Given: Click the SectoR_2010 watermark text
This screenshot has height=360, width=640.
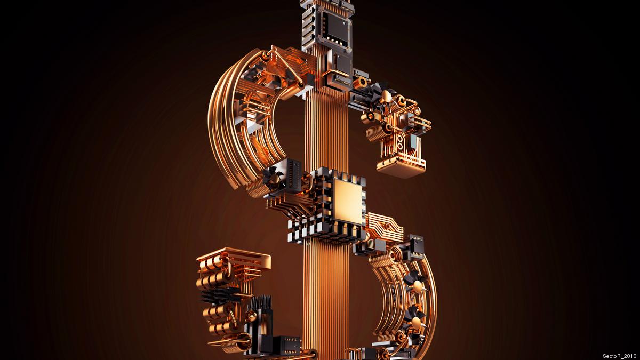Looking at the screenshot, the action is tap(619, 356).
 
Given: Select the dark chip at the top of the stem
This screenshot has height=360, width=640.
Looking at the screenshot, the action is tap(337, 29).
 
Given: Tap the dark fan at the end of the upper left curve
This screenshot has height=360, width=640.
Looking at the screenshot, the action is tap(274, 178).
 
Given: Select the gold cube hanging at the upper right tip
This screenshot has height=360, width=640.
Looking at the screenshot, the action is tap(401, 168).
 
